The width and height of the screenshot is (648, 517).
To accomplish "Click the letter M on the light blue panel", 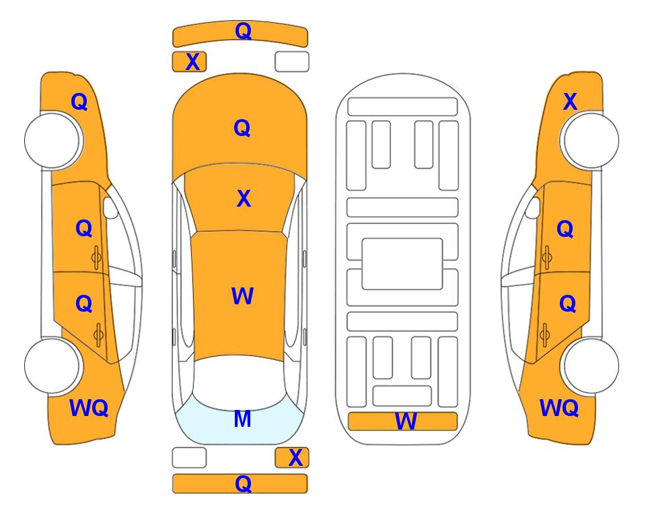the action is [x=242, y=419].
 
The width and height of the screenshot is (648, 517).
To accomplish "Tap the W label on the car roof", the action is [x=242, y=296].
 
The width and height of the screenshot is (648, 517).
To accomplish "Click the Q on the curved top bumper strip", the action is [x=243, y=31].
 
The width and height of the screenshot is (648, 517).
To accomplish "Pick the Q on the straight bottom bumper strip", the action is [x=243, y=483].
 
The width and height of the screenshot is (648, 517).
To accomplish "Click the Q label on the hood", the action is [x=242, y=128].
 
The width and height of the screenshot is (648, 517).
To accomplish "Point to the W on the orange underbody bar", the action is [x=406, y=421].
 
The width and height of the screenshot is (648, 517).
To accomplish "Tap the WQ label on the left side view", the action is [x=88, y=408].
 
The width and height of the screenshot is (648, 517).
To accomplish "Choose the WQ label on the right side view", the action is [x=559, y=408].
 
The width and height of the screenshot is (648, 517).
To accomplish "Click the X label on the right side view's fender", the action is [x=570, y=102].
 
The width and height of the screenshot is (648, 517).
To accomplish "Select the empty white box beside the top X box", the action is [x=292, y=62].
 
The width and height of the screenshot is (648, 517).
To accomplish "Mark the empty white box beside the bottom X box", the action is [x=189, y=458].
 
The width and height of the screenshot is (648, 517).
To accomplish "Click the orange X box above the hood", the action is [x=189, y=62].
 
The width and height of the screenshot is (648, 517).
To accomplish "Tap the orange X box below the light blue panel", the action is [x=292, y=458].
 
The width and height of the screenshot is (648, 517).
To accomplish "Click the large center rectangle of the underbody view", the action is [x=402, y=264].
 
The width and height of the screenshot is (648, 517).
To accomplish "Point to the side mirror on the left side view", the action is [x=110, y=207].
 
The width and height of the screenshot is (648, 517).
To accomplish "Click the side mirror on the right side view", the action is [x=533, y=207].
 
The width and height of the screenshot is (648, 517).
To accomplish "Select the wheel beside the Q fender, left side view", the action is [x=52, y=140].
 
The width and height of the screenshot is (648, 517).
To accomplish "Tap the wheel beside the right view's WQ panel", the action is [x=591, y=366].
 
